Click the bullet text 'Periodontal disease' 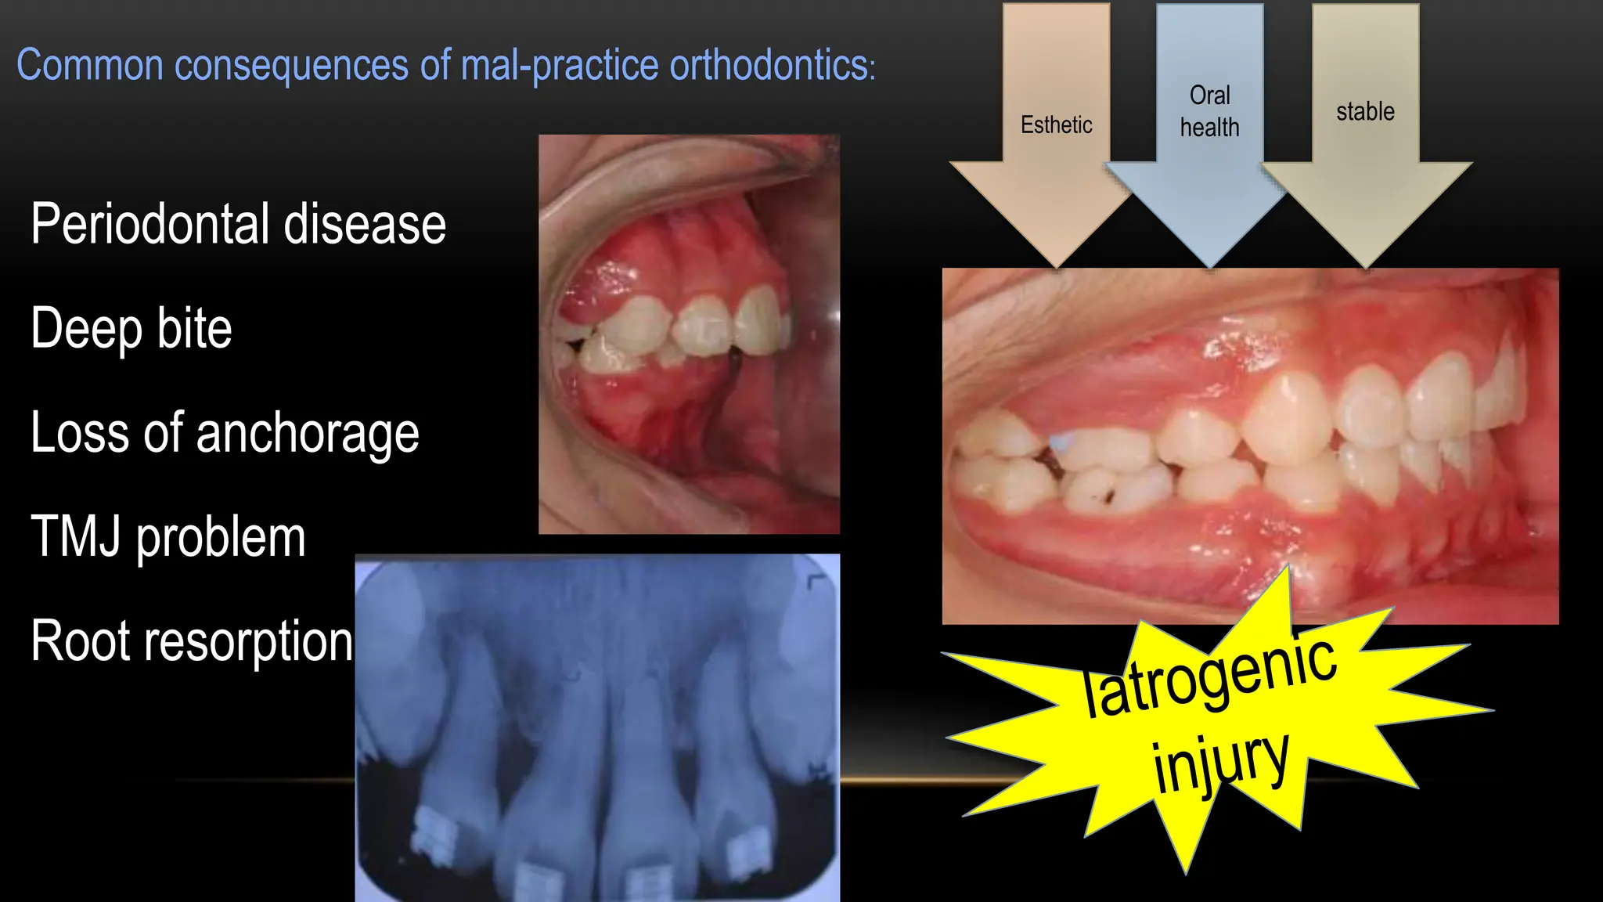(238, 224)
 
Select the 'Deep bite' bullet (131, 328)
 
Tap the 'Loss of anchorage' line (225, 433)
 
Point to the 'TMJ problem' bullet (168, 537)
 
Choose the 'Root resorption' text (192, 641)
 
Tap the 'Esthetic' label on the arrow (1056, 124)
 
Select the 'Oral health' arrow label (1209, 111)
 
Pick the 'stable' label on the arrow (1365, 111)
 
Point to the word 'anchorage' (308, 433)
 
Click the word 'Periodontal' (151, 224)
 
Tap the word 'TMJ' (76, 537)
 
